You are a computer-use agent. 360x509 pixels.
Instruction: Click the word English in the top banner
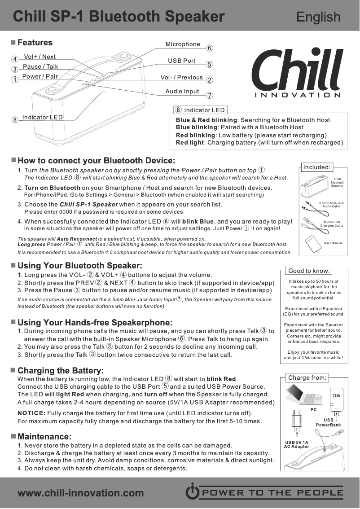click(318, 17)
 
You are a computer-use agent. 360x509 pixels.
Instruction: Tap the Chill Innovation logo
click(298, 74)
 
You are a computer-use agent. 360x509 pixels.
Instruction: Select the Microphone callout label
click(183, 44)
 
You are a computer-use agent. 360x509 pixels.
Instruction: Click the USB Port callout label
click(182, 61)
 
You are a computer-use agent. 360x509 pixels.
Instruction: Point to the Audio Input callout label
click(182, 92)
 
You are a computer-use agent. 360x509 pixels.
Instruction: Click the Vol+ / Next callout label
click(40, 57)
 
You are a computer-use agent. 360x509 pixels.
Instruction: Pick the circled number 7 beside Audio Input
click(209, 95)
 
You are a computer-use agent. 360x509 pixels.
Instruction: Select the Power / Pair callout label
click(40, 76)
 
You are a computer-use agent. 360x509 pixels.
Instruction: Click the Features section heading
click(35, 43)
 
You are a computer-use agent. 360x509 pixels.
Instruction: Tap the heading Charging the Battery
click(60, 371)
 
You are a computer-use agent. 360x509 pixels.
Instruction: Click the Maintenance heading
click(44, 437)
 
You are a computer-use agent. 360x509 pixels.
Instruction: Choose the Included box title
click(316, 167)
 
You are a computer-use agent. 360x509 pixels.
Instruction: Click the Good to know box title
click(309, 271)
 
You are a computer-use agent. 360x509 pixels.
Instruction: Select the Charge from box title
click(307, 377)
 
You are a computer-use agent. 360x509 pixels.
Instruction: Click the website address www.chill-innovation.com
click(80, 493)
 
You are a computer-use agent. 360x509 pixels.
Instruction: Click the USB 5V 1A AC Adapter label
click(297, 444)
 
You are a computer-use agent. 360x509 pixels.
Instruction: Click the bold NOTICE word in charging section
click(31, 413)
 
